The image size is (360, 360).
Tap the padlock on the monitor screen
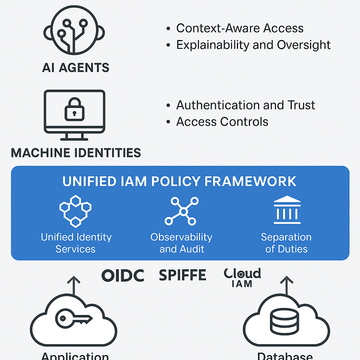(x=74, y=109)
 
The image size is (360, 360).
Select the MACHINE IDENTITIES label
(x=76, y=153)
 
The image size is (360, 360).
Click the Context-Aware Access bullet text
(x=240, y=28)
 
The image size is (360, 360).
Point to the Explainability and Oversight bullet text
(x=253, y=45)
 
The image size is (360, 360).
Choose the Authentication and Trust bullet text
(x=245, y=105)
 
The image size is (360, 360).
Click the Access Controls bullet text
(x=222, y=122)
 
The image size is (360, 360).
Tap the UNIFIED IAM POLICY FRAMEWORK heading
(x=180, y=181)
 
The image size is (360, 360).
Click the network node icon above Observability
(x=182, y=211)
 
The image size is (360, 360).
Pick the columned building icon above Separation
(x=287, y=211)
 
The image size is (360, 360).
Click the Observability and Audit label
(x=182, y=243)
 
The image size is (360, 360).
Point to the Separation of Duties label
(x=287, y=243)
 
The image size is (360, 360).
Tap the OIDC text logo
(x=123, y=275)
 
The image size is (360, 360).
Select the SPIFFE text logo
(x=183, y=275)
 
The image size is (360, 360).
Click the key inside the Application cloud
(x=73, y=318)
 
